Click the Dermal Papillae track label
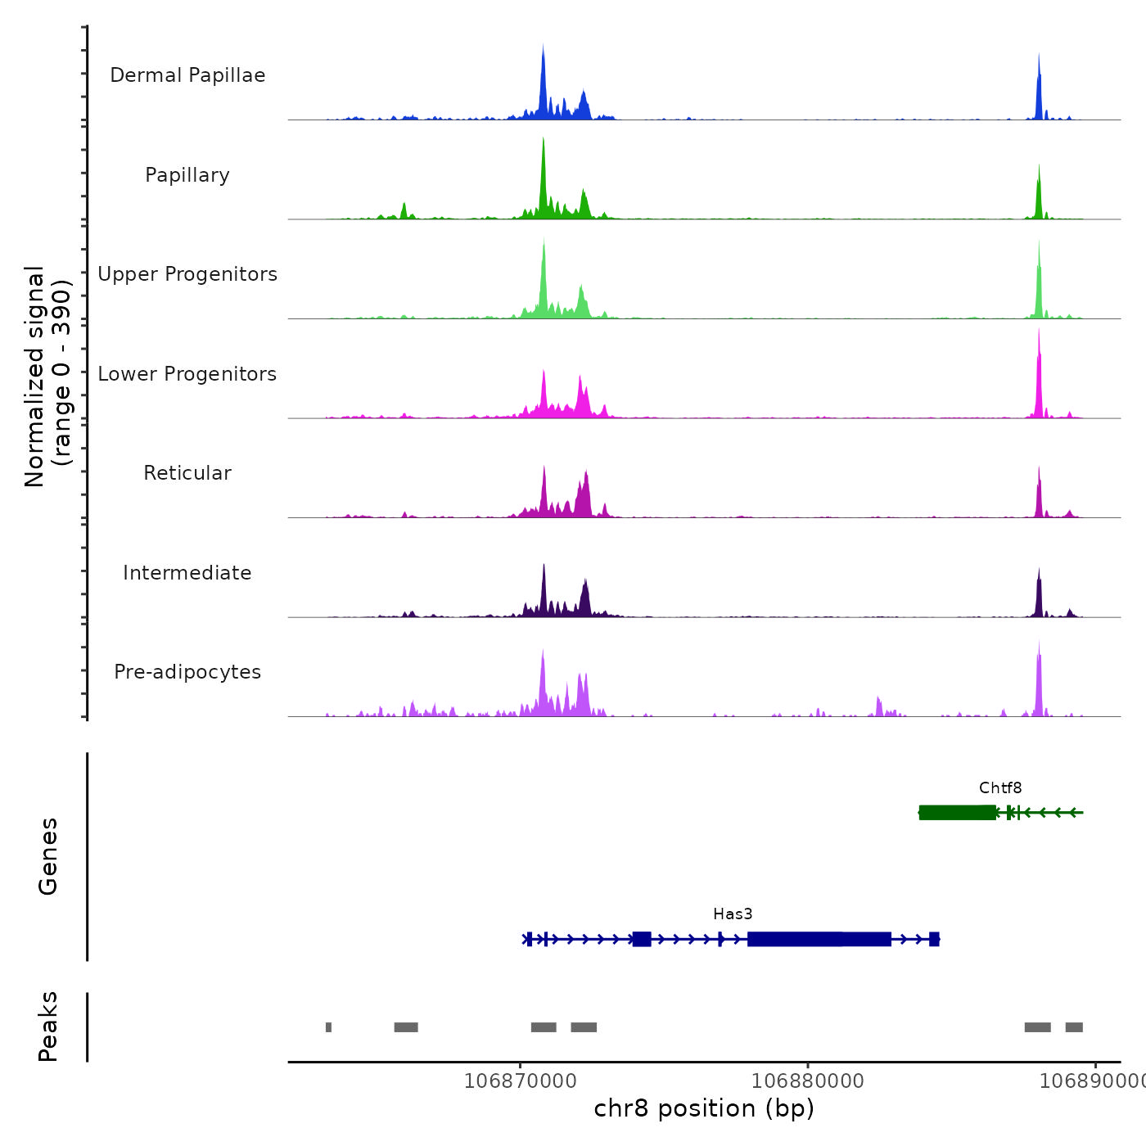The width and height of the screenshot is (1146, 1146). [187, 75]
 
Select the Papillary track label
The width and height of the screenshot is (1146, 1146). [187, 175]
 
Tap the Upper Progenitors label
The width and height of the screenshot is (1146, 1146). [187, 274]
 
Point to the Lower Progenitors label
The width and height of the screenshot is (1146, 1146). [187, 374]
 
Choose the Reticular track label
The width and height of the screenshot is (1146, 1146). [187, 473]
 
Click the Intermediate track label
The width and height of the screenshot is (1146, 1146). [187, 573]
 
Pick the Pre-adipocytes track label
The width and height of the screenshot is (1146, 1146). [187, 672]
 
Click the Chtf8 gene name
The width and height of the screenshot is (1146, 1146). [1000, 788]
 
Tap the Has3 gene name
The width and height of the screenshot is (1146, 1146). [733, 914]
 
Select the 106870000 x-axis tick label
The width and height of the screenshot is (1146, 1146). [520, 1081]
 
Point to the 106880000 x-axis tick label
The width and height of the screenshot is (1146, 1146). [808, 1081]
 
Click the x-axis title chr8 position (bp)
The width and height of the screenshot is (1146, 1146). [704, 1109]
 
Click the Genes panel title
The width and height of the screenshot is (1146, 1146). [48, 856]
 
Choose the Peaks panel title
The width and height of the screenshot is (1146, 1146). [48, 1026]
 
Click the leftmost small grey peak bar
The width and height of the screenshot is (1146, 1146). [328, 1027]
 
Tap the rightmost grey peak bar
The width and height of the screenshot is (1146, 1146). [1074, 1027]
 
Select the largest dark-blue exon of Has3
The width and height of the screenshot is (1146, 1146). [819, 939]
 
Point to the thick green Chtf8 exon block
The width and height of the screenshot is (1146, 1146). [957, 813]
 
